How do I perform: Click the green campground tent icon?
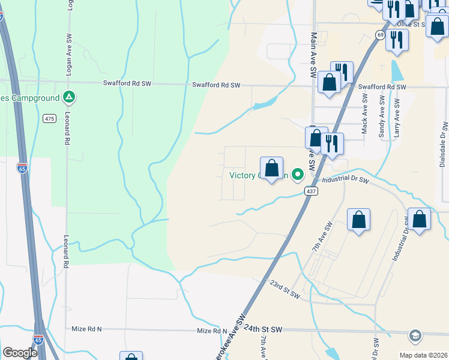tap(70, 97)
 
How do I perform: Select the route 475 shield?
tap(50, 119)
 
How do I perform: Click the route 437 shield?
tap(310, 191)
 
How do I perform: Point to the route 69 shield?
tap(380, 35)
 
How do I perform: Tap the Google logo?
tap(20, 353)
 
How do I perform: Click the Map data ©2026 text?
tap(423, 355)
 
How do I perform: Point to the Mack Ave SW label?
tap(364, 116)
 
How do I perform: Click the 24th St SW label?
tap(263, 329)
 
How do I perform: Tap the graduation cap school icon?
tap(415, 334)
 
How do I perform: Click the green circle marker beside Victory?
tap(297, 176)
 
